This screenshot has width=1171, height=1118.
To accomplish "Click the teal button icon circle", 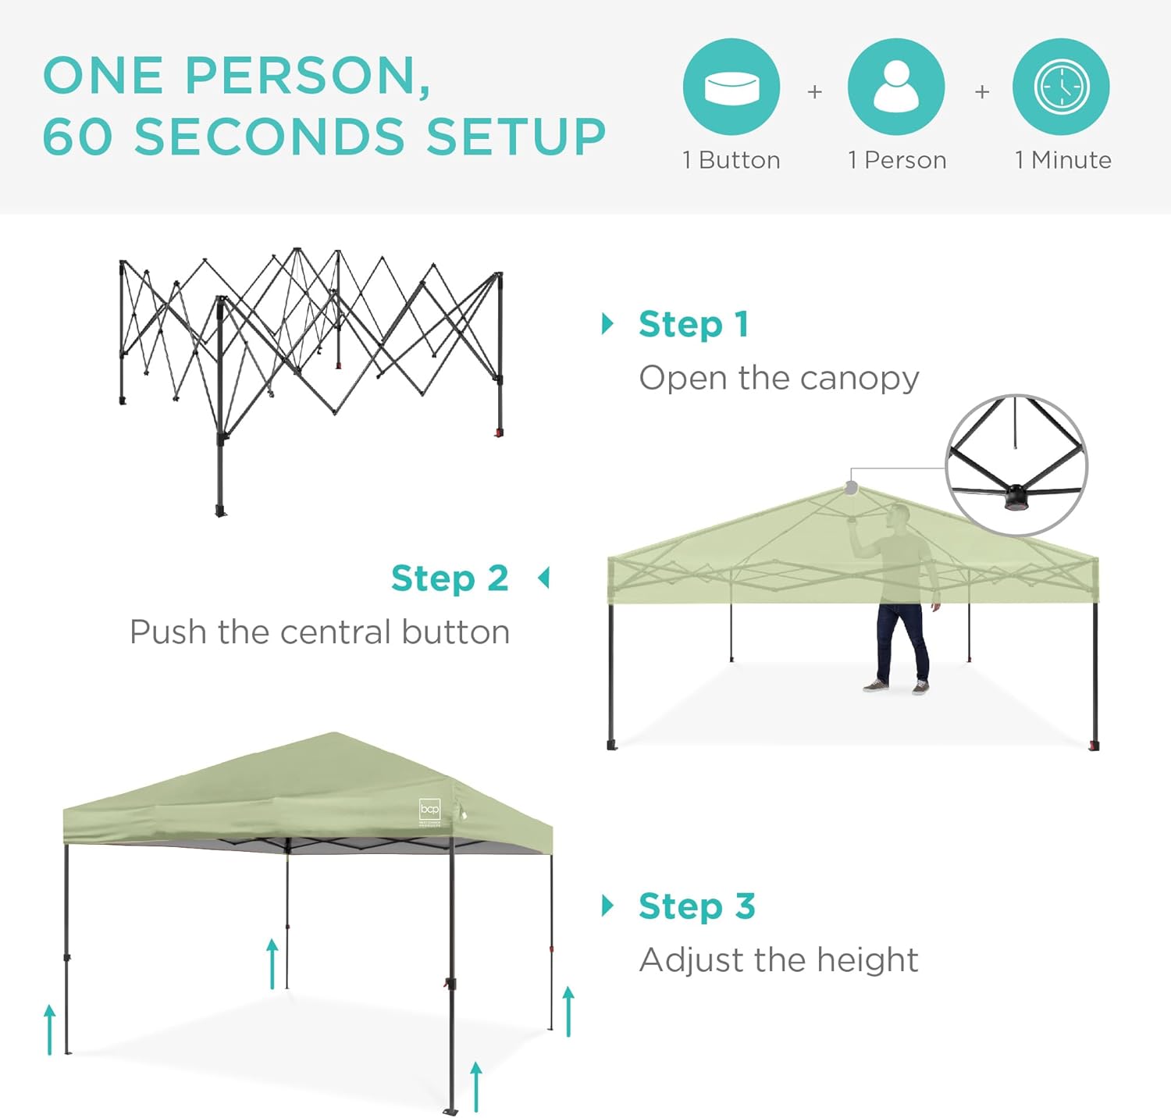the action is (x=731, y=87).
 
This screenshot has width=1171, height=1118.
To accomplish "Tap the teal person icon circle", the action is (x=896, y=87).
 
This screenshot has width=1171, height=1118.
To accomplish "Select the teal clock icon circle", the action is (x=1061, y=87).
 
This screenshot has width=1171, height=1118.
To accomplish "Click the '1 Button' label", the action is (x=731, y=160).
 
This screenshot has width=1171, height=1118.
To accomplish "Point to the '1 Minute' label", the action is (x=1063, y=160).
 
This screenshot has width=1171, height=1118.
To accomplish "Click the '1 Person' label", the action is (x=897, y=160).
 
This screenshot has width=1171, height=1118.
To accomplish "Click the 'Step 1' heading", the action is (x=694, y=325).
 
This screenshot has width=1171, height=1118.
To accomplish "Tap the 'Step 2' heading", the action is (x=450, y=579).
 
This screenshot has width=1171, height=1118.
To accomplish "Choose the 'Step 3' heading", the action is (x=697, y=906).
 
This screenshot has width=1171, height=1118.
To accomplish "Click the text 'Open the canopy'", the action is (x=779, y=379).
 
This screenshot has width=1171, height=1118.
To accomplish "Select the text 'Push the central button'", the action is (x=320, y=632).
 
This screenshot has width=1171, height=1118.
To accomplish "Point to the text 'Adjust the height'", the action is (x=779, y=960).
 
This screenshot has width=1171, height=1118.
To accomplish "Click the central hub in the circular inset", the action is (x=1016, y=497).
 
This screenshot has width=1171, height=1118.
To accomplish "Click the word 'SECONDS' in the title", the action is (x=270, y=137).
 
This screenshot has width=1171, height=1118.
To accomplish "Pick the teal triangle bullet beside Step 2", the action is (x=544, y=579).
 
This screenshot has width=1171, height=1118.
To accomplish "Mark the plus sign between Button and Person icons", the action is (x=814, y=92).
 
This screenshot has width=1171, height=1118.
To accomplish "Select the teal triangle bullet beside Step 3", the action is (x=607, y=906).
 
